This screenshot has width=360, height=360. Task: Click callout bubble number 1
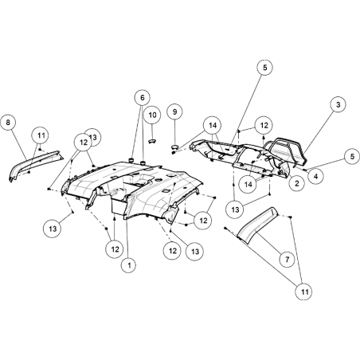[x=129, y=264]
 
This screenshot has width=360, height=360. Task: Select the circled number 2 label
[x=296, y=183]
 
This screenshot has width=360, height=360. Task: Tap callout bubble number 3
[x=338, y=104]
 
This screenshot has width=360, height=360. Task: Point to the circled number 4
[x=315, y=175]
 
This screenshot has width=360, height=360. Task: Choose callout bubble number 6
[x=143, y=98]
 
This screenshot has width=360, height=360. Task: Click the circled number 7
[x=287, y=259]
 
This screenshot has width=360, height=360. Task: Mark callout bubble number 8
[x=8, y=123]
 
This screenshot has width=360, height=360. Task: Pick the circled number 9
[x=174, y=112]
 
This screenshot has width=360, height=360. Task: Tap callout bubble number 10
[x=153, y=115]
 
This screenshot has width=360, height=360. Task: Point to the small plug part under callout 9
[x=174, y=147]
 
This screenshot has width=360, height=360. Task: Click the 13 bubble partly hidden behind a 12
[x=94, y=137]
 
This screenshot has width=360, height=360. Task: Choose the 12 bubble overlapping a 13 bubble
[x=84, y=143]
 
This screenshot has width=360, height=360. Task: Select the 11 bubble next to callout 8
[x=41, y=135]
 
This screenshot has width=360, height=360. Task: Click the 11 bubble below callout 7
[x=305, y=292]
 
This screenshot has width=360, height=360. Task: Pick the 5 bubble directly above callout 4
[x=352, y=156]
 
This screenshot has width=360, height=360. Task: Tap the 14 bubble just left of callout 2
[x=248, y=184]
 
